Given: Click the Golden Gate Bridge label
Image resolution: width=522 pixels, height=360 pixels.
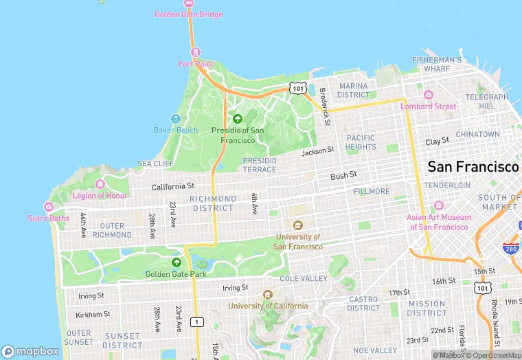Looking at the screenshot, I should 190,14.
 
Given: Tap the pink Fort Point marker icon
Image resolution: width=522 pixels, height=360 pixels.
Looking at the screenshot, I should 196,52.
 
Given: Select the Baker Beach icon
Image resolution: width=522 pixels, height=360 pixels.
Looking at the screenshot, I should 176,119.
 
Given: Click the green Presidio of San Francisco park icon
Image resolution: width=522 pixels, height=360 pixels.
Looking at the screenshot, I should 238,119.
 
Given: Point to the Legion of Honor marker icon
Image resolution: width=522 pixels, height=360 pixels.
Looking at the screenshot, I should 100,184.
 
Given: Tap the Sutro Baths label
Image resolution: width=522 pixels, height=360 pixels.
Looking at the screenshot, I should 49,218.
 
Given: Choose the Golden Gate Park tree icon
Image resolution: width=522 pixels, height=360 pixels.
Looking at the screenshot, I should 176,262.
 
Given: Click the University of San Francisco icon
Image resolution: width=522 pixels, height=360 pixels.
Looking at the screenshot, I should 298,225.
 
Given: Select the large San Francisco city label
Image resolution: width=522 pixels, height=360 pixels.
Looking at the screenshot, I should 473,167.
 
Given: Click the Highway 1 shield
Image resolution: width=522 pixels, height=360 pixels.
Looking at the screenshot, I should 198,322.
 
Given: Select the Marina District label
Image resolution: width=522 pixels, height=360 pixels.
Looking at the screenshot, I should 354,90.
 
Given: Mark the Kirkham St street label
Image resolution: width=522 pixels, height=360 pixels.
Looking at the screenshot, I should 94,314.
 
